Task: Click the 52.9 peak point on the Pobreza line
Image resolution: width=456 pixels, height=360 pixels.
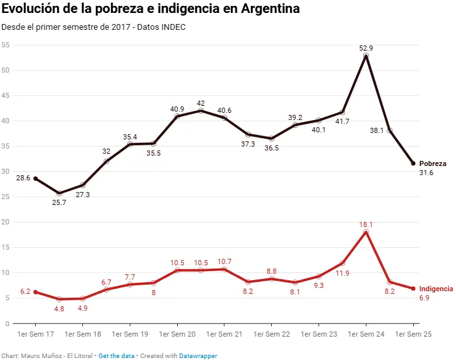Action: pos(366,56)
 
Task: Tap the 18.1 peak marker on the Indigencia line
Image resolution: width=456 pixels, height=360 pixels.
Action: pos(366,232)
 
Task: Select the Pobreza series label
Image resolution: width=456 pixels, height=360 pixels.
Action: pos(433,163)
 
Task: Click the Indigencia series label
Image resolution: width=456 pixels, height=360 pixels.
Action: pos(436,289)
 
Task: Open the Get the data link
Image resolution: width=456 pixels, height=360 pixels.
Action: pos(117,356)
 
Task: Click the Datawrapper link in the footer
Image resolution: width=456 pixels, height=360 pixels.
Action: pos(198,356)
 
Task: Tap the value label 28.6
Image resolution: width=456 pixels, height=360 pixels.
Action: pos(23,178)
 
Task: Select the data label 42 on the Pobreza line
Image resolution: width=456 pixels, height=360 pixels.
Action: pos(200,103)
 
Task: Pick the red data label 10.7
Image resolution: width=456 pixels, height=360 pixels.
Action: pos(224,261)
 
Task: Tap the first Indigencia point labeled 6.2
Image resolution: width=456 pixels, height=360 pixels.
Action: pos(35,292)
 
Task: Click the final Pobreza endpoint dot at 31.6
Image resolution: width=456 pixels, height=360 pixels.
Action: pos(413,163)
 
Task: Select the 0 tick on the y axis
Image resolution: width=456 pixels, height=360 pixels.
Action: pos(6,323)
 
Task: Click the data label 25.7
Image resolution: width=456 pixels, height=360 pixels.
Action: pos(59,202)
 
